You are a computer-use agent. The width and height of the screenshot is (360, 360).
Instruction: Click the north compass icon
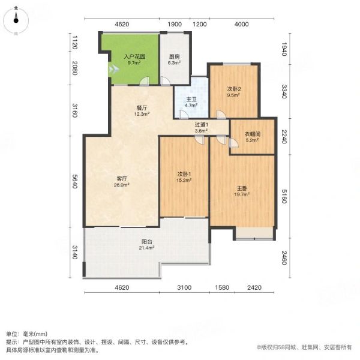pyautogui.click(x=16, y=20)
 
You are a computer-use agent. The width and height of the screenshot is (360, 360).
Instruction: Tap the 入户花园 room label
pyautogui.click(x=134, y=59)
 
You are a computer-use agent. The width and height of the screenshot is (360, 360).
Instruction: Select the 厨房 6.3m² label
pyautogui.click(x=174, y=59)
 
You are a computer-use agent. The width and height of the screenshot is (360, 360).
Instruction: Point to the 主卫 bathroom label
pyautogui.click(x=191, y=102)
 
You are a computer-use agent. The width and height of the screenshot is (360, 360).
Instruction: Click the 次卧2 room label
pyautogui.click(x=234, y=92)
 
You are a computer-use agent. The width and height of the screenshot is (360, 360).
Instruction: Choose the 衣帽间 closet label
pyautogui.click(x=253, y=137)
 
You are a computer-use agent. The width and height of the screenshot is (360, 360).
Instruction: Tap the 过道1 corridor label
pyautogui.click(x=202, y=128)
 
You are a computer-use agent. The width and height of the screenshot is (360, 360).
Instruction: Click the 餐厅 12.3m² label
pyautogui.click(x=142, y=110)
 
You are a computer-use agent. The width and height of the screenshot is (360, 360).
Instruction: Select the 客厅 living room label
pyautogui.click(x=122, y=181)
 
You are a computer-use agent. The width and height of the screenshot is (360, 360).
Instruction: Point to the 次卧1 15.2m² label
pyautogui.click(x=184, y=177)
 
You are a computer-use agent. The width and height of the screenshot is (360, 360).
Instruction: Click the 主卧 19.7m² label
pyautogui.click(x=242, y=191)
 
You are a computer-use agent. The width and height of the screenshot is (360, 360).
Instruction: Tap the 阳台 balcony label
pyautogui.click(x=146, y=244)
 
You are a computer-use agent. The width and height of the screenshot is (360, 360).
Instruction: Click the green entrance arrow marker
pyautogui.click(x=113, y=69)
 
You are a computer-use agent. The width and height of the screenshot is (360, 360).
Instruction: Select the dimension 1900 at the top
pyautogui.click(x=175, y=24)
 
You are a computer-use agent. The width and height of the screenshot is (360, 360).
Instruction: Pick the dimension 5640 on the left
pyautogui.click(x=74, y=181)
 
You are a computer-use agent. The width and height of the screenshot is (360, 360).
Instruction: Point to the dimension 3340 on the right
pyautogui.click(x=284, y=91)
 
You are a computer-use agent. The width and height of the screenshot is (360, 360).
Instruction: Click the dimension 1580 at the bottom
pyautogui.click(x=222, y=287)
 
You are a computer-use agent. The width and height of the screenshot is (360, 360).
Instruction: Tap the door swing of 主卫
pyautogui.click(x=183, y=115)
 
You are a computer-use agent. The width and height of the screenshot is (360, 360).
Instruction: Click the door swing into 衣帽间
pyautogui.click(x=233, y=143)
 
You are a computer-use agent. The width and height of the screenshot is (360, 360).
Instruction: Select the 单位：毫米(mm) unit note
pyautogui.click(x=26, y=334)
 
